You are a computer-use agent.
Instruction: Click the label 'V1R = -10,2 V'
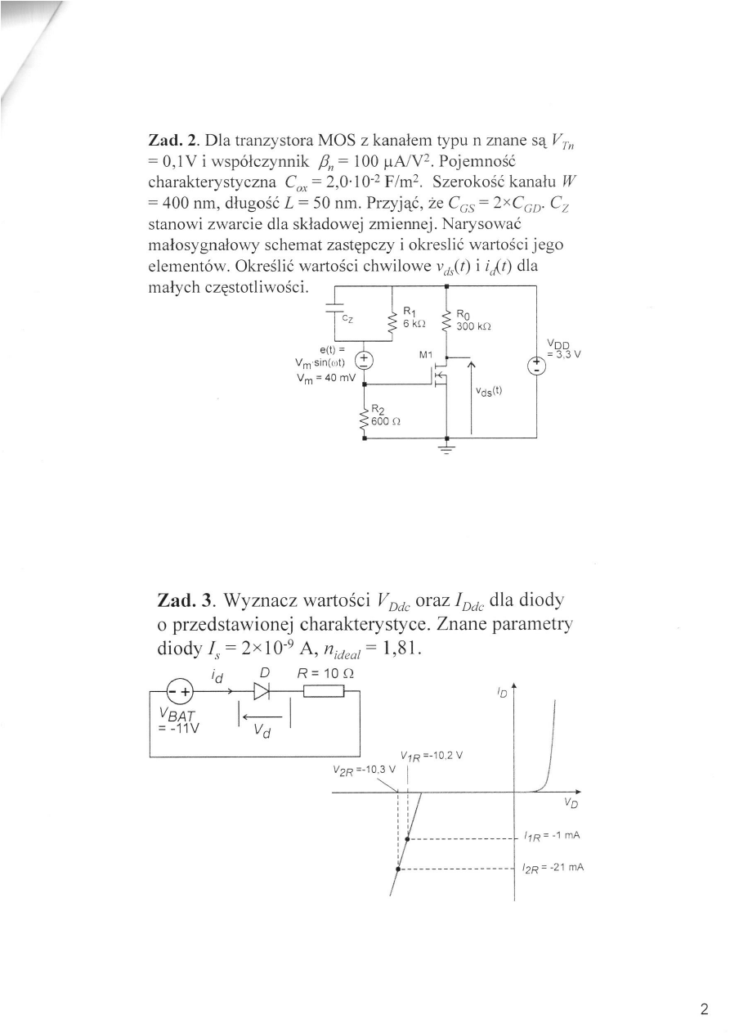pos(432,756)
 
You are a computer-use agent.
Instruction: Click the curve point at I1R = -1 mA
pos(407,838)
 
